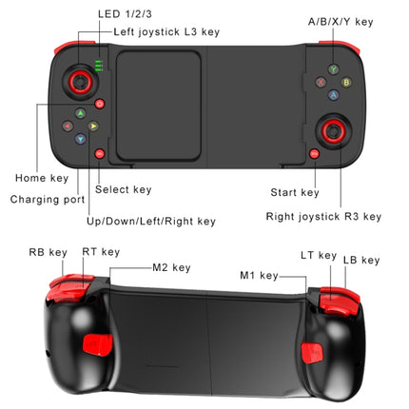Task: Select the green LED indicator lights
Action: tap(99, 67)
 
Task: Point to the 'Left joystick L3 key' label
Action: tap(166, 32)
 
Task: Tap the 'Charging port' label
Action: tap(47, 200)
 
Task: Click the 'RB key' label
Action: tap(48, 253)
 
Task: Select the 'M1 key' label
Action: tap(259, 276)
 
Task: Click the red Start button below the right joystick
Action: tap(314, 153)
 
